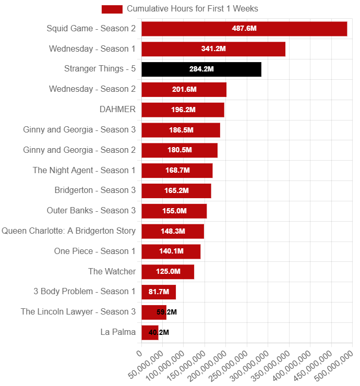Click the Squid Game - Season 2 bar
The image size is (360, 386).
pos(244,29)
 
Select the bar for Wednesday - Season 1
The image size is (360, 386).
pos(213,49)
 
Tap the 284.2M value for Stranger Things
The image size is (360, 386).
pos(201,69)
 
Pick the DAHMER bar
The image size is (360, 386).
pos(183,110)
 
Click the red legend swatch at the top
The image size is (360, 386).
pos(112,9)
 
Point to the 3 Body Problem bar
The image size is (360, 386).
pos(159,292)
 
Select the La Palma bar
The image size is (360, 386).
pos(150,332)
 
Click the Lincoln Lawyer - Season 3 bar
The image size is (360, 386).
pos(154,312)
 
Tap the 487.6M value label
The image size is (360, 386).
pos(244,29)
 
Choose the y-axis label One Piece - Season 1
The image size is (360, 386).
pos(94,251)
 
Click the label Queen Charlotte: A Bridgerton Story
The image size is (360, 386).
pos(68,231)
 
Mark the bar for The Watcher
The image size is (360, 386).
pos(168,271)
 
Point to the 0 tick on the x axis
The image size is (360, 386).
pos(139,353)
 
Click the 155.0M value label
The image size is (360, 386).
pos(174,211)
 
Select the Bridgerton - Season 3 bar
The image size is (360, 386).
pos(176,190)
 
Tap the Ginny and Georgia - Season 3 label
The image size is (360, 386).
pos(79,129)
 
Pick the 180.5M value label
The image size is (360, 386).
pos(179,150)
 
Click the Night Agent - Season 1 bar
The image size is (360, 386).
pos(177,170)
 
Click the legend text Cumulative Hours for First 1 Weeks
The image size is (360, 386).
pos(193,9)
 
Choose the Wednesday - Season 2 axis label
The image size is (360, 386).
pos(92,89)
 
